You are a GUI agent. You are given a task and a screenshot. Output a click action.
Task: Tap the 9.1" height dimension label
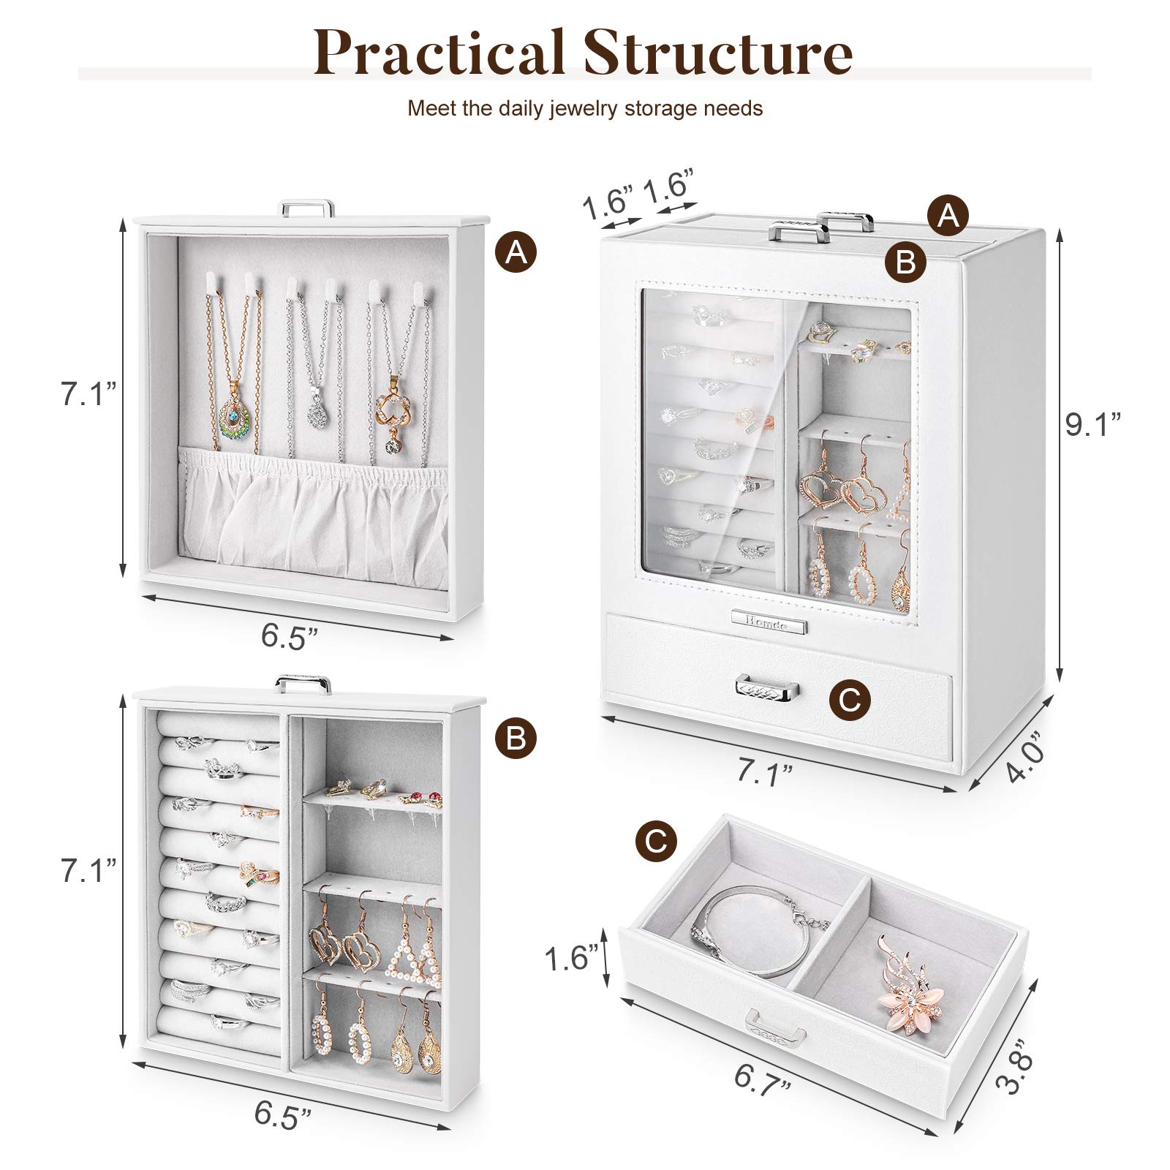click(1092, 424)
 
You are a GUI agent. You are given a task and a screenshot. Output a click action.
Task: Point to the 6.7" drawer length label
click(763, 1079)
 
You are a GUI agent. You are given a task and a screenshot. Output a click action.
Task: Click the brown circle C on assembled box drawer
click(850, 700)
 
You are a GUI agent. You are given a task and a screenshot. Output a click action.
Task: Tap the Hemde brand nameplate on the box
click(768, 625)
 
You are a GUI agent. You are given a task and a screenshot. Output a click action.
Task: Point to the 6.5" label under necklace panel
click(290, 637)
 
